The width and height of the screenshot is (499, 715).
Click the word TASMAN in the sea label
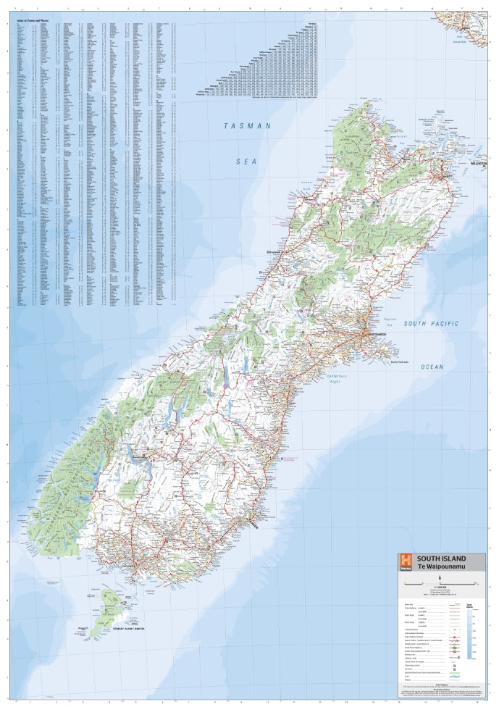point(247,126)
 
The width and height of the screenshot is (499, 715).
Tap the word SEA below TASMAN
point(246,162)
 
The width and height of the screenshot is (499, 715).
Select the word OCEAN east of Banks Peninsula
point(432,367)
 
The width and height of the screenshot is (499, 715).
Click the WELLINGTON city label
point(480,165)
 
